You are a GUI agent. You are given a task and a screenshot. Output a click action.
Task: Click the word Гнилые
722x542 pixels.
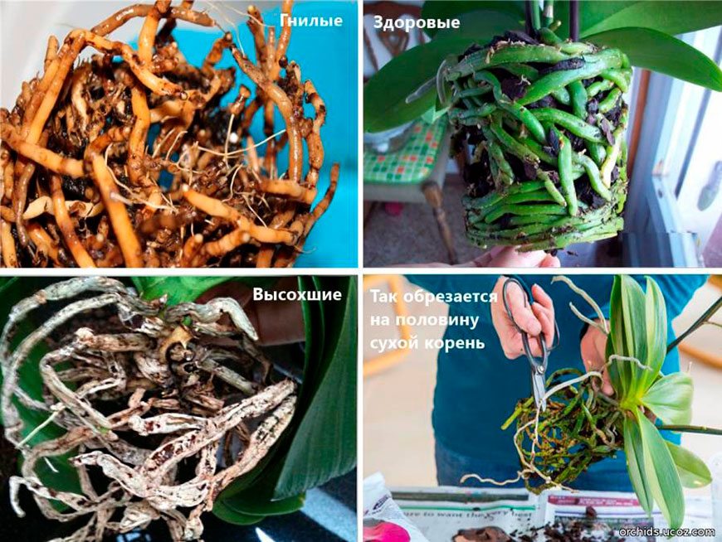(x=311, y=21)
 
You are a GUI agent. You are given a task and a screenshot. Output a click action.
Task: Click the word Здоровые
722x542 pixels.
(x=417, y=22)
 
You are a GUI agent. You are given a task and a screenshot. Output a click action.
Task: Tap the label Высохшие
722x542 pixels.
(x=297, y=294)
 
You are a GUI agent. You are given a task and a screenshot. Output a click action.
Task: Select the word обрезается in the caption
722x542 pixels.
(x=451, y=297)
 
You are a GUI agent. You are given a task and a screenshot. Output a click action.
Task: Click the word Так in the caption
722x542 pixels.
(x=385, y=297)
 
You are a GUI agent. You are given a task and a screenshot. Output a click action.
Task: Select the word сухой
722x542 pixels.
(x=395, y=343)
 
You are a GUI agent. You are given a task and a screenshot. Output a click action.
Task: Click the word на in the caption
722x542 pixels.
(x=380, y=321)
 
